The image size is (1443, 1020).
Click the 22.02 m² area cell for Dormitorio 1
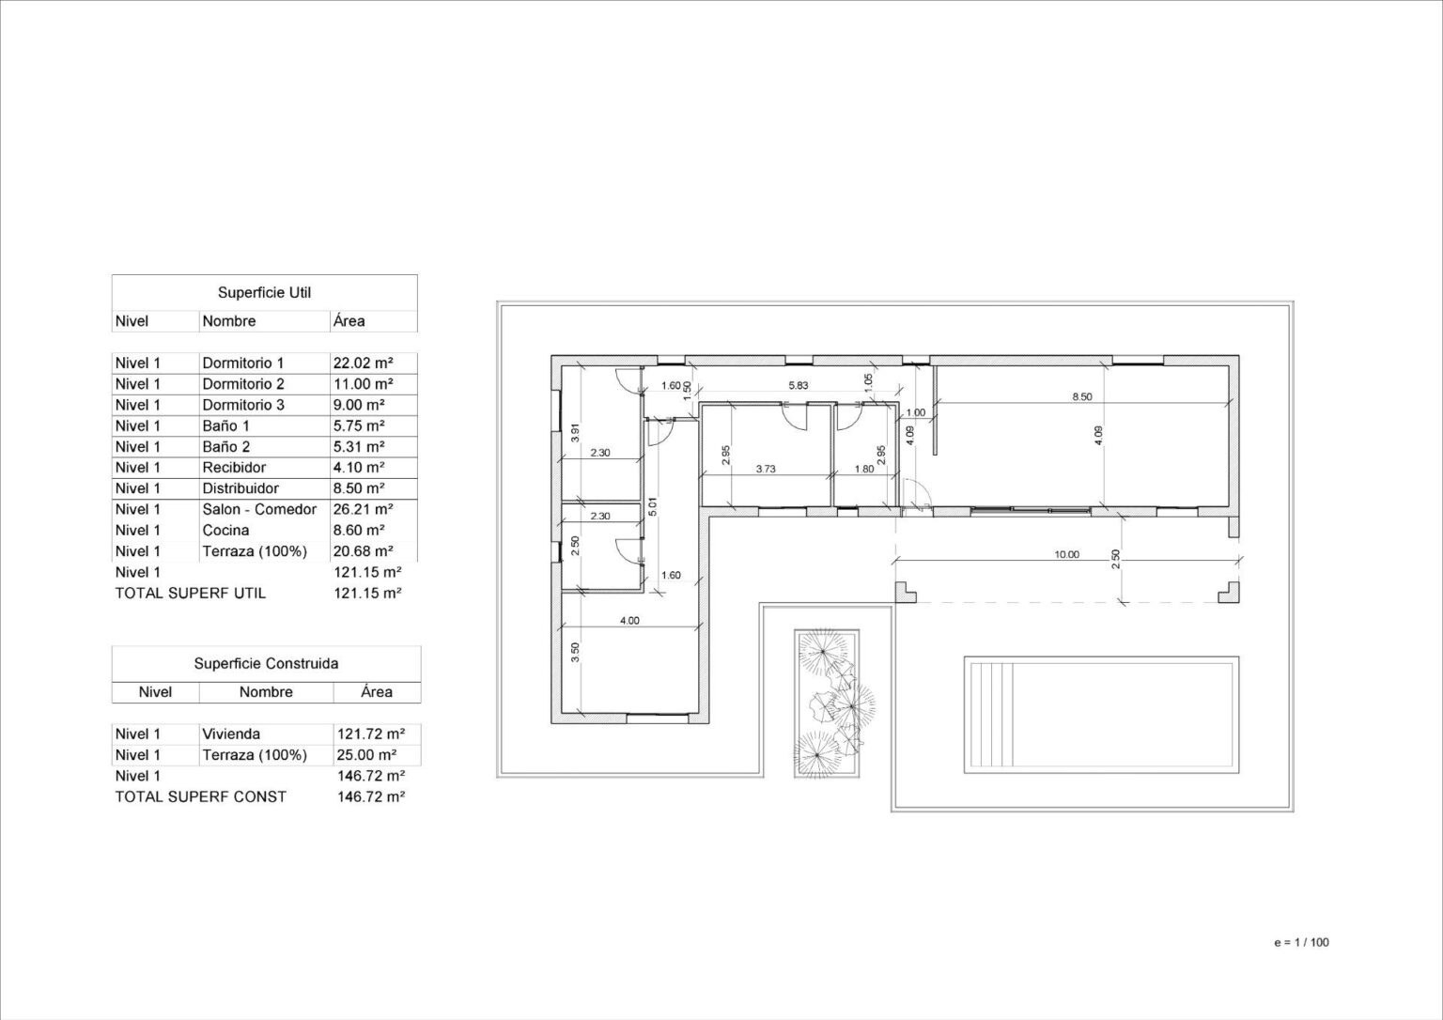(x=364, y=363)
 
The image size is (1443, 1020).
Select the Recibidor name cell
(x=234, y=468)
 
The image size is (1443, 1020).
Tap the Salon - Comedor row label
(x=259, y=509)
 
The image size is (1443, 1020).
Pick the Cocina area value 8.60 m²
(x=359, y=530)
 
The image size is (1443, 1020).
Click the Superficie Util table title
(x=264, y=292)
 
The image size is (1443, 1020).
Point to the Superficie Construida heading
(x=266, y=663)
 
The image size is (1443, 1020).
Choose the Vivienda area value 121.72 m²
(x=371, y=734)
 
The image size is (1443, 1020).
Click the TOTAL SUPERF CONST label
(x=200, y=796)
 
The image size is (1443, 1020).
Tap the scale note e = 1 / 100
(x=1301, y=942)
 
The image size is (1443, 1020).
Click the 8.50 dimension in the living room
(x=1082, y=396)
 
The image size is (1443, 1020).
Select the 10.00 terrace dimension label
(x=1067, y=554)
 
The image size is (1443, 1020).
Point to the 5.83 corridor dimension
(x=799, y=386)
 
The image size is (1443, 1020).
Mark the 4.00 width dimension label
(x=629, y=621)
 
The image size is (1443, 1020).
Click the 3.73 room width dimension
(x=766, y=469)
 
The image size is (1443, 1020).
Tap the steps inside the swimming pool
(x=991, y=715)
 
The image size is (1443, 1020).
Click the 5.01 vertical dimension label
(x=653, y=507)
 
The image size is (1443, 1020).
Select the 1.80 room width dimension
(x=864, y=469)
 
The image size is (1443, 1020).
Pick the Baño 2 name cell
(x=226, y=447)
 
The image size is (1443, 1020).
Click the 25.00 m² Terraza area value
(x=366, y=755)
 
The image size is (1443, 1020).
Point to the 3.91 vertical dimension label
(x=576, y=432)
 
